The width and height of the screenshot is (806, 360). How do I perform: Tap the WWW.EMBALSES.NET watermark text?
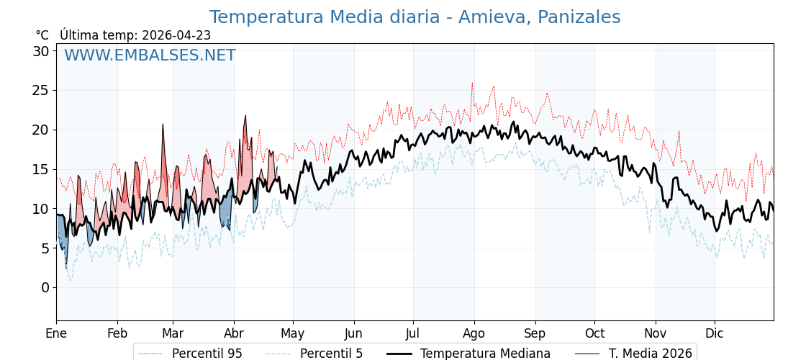pos(150,55)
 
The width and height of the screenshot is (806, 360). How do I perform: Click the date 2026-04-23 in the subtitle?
pos(176,35)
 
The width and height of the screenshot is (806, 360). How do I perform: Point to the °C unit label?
pos(42,35)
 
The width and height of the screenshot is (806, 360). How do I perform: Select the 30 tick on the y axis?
pos(40,51)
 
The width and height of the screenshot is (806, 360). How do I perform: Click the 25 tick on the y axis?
pos(40,91)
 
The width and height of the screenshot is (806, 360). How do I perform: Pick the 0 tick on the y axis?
pos(45,288)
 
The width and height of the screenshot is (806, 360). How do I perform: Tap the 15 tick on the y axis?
pos(40,169)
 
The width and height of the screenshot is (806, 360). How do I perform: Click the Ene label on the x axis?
pos(56,334)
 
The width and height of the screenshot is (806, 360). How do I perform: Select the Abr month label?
pos(233,334)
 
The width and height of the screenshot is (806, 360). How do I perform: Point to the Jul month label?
pos(413,334)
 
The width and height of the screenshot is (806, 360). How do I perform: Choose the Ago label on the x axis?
pos(474,334)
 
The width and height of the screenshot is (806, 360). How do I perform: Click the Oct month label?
pos(594,334)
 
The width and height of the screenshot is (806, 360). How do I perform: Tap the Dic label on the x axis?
pos(715,334)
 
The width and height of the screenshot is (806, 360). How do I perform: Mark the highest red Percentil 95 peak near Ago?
pos(472,83)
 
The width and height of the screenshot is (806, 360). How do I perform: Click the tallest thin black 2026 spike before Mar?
pos(163,124)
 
